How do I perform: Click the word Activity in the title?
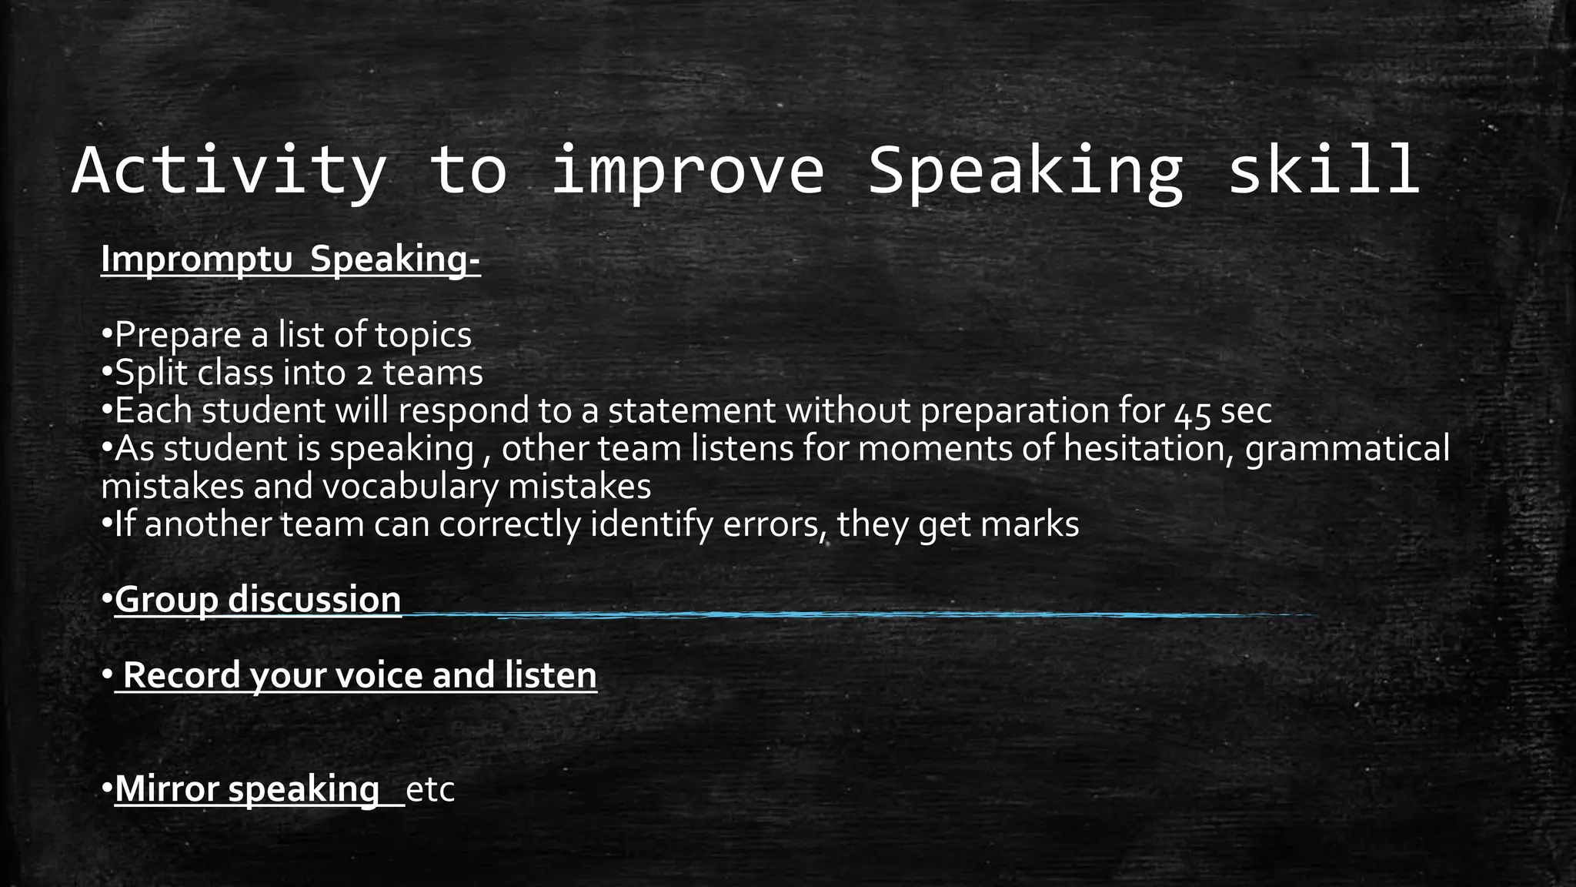tap(229, 171)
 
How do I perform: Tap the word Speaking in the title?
tap(1024, 171)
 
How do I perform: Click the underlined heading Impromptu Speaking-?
tap(290, 259)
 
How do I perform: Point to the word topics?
tap(423, 336)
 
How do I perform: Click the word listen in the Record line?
tap(550, 676)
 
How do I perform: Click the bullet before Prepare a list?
tap(107, 336)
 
